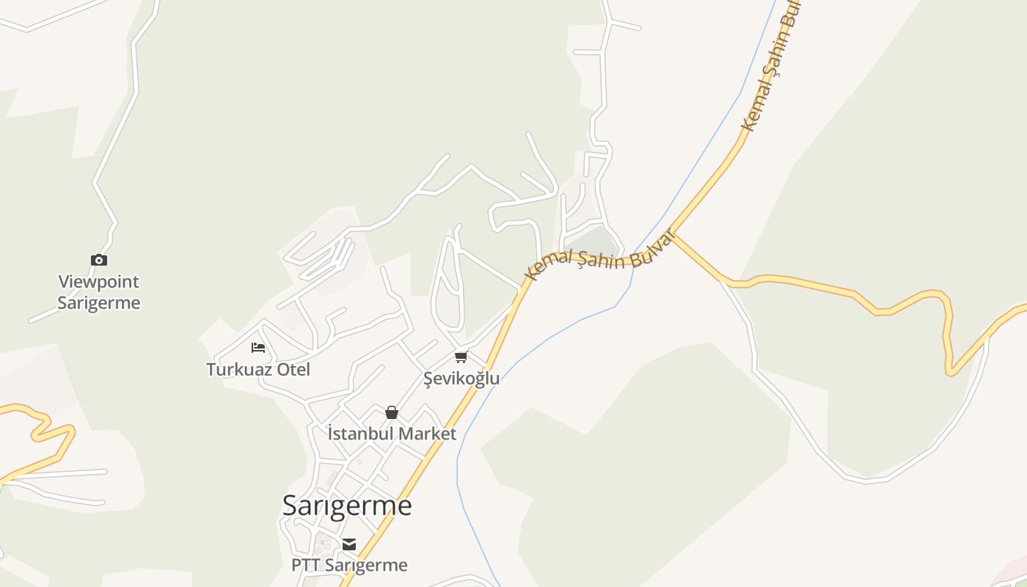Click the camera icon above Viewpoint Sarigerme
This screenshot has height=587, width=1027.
[99, 260]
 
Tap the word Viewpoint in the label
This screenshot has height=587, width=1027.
[99, 282]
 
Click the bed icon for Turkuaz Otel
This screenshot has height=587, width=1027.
[258, 348]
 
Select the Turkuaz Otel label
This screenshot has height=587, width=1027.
[258, 369]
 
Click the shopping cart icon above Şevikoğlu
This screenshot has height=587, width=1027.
[461, 357]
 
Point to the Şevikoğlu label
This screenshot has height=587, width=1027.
[461, 379]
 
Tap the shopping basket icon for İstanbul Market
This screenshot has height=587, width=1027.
[392, 412]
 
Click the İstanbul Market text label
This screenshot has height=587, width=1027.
[392, 434]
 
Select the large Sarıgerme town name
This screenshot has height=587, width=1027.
[347, 506]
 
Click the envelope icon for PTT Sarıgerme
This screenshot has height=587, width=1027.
[349, 544]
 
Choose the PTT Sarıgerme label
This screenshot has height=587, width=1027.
[349, 565]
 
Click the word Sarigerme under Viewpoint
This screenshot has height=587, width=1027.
[99, 303]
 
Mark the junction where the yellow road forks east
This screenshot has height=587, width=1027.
[673, 234]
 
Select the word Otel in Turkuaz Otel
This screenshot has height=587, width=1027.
[293, 369]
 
